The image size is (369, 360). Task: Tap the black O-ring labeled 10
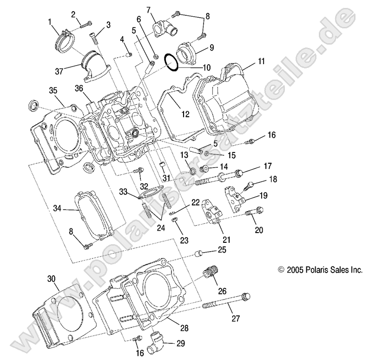pyautogui.click(x=171, y=62)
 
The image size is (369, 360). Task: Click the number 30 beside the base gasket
pyautogui.click(x=51, y=279)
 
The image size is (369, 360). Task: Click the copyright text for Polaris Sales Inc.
pyautogui.click(x=319, y=269)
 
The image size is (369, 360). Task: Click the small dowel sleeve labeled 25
pyautogui.click(x=199, y=254)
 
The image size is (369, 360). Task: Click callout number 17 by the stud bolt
pyautogui.click(x=268, y=165)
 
